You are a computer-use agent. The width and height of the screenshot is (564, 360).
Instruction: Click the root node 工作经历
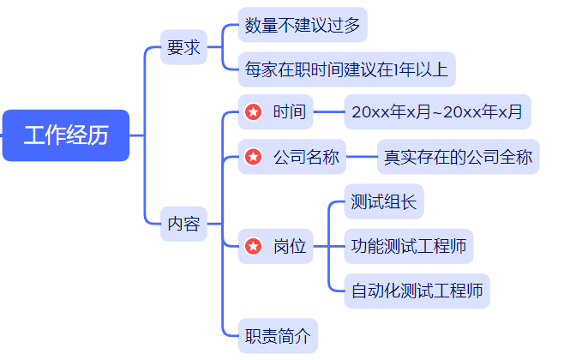point(66,135)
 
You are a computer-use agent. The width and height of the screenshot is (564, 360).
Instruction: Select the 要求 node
point(183,47)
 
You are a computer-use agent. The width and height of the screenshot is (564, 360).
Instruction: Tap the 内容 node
point(183,225)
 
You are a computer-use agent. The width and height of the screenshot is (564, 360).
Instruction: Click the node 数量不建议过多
point(302,25)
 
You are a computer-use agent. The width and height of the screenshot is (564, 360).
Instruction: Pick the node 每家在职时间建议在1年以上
point(346,69)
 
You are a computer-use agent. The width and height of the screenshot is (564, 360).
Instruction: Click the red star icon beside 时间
point(253,111)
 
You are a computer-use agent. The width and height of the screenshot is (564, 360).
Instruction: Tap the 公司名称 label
point(306,157)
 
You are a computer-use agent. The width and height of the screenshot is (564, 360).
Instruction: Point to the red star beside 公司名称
point(253,157)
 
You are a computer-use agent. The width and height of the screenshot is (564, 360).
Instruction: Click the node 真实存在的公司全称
point(458,157)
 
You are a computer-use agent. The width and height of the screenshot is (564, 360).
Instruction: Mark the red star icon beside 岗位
point(253,247)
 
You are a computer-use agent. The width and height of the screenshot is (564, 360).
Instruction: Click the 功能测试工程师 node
point(408,247)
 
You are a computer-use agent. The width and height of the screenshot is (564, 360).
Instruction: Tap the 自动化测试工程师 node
point(417,291)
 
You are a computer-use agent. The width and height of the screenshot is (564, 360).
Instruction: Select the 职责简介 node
point(278,336)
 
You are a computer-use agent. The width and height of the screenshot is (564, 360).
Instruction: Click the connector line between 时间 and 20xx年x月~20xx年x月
point(329,111)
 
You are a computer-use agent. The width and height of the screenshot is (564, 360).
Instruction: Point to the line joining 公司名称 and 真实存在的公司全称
point(363,157)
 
